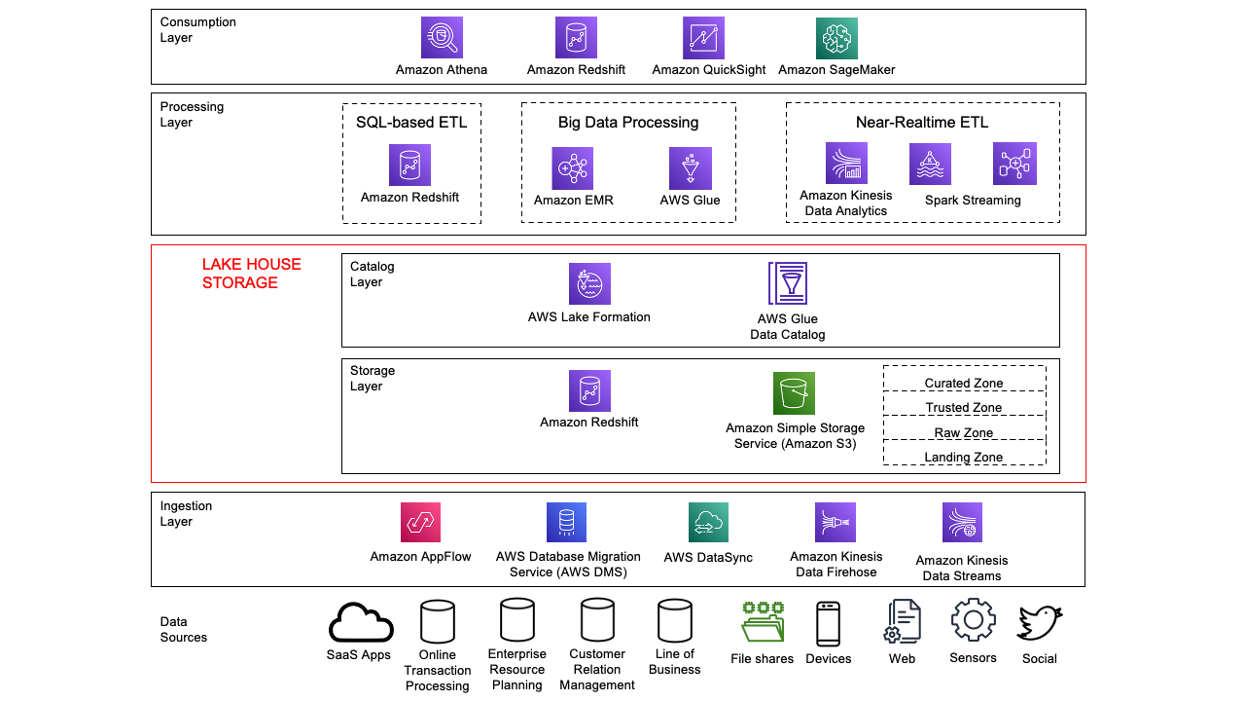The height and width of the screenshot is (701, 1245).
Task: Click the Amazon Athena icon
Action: (x=442, y=38)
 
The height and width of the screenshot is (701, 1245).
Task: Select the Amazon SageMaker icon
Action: (x=836, y=38)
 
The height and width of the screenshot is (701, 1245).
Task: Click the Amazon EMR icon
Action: (x=573, y=168)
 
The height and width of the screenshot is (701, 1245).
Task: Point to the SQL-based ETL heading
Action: (x=411, y=123)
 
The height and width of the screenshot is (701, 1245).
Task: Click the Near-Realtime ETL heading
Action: (x=922, y=123)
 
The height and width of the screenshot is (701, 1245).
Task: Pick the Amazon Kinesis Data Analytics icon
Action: (x=846, y=164)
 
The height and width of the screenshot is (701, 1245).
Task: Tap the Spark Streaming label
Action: (x=973, y=201)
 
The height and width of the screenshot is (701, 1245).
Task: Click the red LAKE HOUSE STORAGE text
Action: (x=252, y=274)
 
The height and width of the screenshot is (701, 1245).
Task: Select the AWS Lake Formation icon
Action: (x=589, y=283)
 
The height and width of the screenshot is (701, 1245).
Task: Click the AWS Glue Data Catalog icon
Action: (x=788, y=283)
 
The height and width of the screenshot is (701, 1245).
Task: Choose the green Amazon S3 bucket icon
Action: (x=795, y=393)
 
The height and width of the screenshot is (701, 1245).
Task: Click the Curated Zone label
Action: (x=964, y=384)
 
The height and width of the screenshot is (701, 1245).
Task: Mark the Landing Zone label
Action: (x=964, y=458)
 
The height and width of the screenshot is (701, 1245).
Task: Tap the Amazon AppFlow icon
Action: (x=420, y=523)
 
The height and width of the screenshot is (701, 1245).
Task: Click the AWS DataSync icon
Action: (x=708, y=523)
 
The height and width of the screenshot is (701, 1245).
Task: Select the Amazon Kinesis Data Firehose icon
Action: (x=836, y=523)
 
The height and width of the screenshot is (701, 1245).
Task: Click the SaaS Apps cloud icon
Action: (x=362, y=623)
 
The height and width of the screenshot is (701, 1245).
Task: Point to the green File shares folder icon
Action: (x=763, y=623)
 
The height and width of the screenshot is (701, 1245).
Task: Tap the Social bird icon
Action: (x=1039, y=623)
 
